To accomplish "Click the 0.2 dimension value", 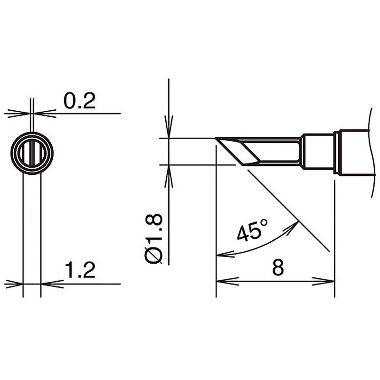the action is (79, 101).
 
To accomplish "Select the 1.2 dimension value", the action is (80, 270).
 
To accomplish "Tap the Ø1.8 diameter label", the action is (153, 238).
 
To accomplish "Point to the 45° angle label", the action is (252, 230).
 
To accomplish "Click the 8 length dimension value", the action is (278, 267).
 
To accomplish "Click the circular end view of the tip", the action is (32, 153).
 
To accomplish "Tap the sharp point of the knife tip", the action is (216, 138).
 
